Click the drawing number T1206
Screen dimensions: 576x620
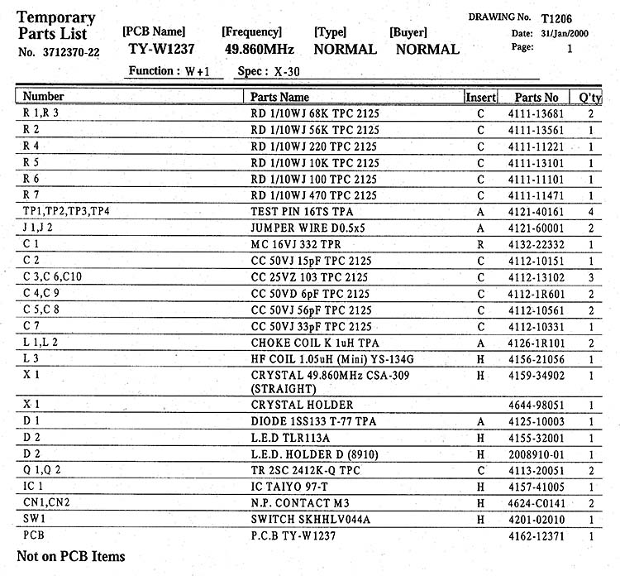(x=556, y=18)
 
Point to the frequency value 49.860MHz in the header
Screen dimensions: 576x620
(x=260, y=49)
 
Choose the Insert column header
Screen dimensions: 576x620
(x=480, y=98)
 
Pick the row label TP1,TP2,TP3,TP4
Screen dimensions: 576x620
(x=66, y=212)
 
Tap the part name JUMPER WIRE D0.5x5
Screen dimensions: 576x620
(x=308, y=228)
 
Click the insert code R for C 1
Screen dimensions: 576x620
(x=480, y=245)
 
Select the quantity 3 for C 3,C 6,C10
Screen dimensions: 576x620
(x=591, y=277)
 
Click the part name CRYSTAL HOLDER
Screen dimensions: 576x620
(x=302, y=405)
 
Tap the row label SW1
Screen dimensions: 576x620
(x=34, y=519)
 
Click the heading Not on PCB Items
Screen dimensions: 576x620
(x=71, y=557)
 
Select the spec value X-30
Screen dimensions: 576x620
(x=282, y=71)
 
